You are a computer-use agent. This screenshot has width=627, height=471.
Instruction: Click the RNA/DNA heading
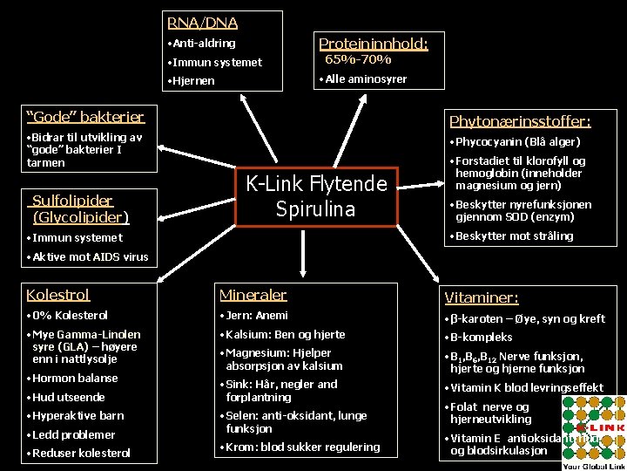(203, 23)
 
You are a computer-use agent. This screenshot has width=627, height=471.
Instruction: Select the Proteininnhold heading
(373, 44)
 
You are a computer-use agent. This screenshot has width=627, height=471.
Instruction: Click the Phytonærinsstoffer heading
(520, 121)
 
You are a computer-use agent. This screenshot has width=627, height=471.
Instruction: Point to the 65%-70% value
(358, 60)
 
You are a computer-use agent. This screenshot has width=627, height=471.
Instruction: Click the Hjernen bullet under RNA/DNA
(193, 81)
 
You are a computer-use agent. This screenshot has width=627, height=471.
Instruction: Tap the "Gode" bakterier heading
(85, 117)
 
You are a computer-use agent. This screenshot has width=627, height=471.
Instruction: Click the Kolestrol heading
(58, 295)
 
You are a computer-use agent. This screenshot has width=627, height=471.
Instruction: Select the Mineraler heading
(253, 295)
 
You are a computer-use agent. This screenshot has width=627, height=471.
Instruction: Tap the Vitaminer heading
(482, 297)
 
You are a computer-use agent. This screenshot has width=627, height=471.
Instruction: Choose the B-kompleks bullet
(481, 337)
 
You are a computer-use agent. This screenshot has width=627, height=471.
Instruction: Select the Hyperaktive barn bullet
(78, 415)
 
